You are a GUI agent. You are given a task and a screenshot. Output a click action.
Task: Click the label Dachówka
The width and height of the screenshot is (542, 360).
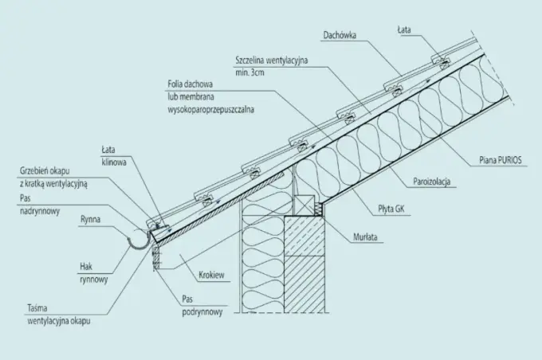coord(340,35)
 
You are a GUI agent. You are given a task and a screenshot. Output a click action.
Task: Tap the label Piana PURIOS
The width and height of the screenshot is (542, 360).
coord(501,160)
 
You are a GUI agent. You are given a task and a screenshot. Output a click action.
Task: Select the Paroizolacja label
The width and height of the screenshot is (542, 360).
coord(432,182)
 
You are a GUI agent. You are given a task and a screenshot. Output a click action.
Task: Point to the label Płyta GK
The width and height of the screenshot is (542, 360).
coord(391,209)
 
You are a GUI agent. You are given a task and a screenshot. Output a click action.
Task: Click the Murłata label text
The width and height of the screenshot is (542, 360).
coord(365,237)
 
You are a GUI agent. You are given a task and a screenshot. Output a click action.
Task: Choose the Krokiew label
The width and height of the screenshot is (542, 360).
coord(211,275)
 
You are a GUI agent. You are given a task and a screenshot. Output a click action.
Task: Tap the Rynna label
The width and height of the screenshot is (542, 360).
coord(90,219)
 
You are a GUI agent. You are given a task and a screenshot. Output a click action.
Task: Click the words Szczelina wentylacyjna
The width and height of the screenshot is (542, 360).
coord(271,61)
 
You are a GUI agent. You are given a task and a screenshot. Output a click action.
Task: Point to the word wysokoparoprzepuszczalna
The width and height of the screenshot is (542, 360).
coord(211,110)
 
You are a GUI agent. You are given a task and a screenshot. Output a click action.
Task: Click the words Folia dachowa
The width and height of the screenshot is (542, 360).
coord(190,84)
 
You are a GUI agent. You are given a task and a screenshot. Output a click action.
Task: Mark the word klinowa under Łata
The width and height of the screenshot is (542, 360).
coord(114,162)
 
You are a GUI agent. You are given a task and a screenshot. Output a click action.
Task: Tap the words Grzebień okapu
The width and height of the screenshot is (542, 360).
coord(45,171)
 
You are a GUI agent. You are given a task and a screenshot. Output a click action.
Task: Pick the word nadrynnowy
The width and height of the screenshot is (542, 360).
coord(40,211)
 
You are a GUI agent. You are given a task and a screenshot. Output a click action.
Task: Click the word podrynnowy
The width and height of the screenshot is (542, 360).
coord(202,312)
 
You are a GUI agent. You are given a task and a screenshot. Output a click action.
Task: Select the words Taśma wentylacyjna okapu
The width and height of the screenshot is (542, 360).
coord(59,315)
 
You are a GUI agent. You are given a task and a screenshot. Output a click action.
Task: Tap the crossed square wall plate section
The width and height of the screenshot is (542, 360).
coord(304,205)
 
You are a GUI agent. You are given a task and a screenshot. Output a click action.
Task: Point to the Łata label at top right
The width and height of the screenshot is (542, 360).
coord(404,30)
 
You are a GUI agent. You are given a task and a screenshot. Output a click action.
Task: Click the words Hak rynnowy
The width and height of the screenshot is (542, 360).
coord(94,273)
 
